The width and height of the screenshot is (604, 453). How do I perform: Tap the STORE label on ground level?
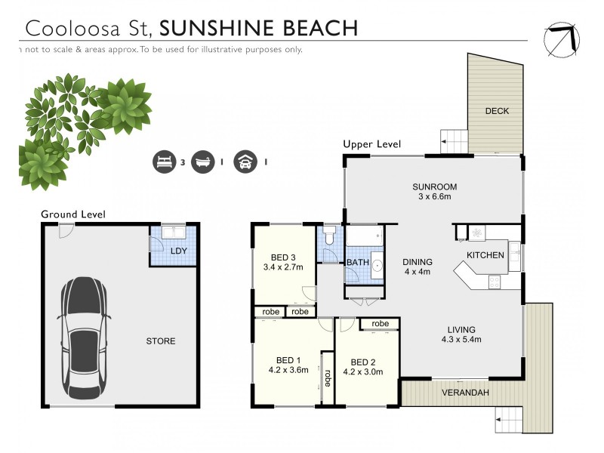[160, 341]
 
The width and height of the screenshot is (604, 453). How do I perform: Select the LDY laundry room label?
[179, 251]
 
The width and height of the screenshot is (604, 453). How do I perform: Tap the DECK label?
[497, 111]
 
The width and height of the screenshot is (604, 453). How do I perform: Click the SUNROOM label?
[435, 187]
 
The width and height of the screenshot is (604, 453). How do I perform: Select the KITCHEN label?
[485, 255]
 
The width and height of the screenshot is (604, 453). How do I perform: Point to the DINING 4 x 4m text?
[417, 266]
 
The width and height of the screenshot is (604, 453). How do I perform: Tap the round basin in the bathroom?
[376, 267]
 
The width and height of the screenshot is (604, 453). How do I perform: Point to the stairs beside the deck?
[455, 140]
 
